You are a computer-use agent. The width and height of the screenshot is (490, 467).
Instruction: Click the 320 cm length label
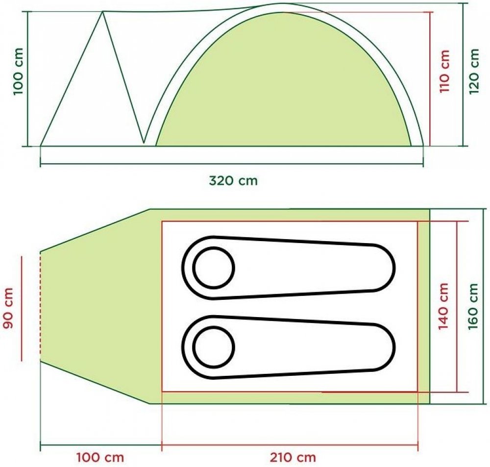[x=233, y=181]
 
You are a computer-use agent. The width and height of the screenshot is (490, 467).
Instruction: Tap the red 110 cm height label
[x=444, y=71]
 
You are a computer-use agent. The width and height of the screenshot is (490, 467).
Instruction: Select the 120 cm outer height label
[x=474, y=71]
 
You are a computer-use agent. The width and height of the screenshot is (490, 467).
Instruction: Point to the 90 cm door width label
[x=8, y=308]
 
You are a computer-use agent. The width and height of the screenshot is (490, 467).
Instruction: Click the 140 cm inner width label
[x=443, y=306]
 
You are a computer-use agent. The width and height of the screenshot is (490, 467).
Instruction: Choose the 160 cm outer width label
[x=473, y=306]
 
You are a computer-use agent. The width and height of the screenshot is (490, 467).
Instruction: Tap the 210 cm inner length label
[x=293, y=458]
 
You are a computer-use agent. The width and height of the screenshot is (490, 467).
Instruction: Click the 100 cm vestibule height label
[x=19, y=71]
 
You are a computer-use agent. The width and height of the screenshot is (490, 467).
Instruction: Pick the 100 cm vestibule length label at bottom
[x=100, y=458]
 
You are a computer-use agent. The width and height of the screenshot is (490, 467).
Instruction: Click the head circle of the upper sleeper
[x=214, y=268]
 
